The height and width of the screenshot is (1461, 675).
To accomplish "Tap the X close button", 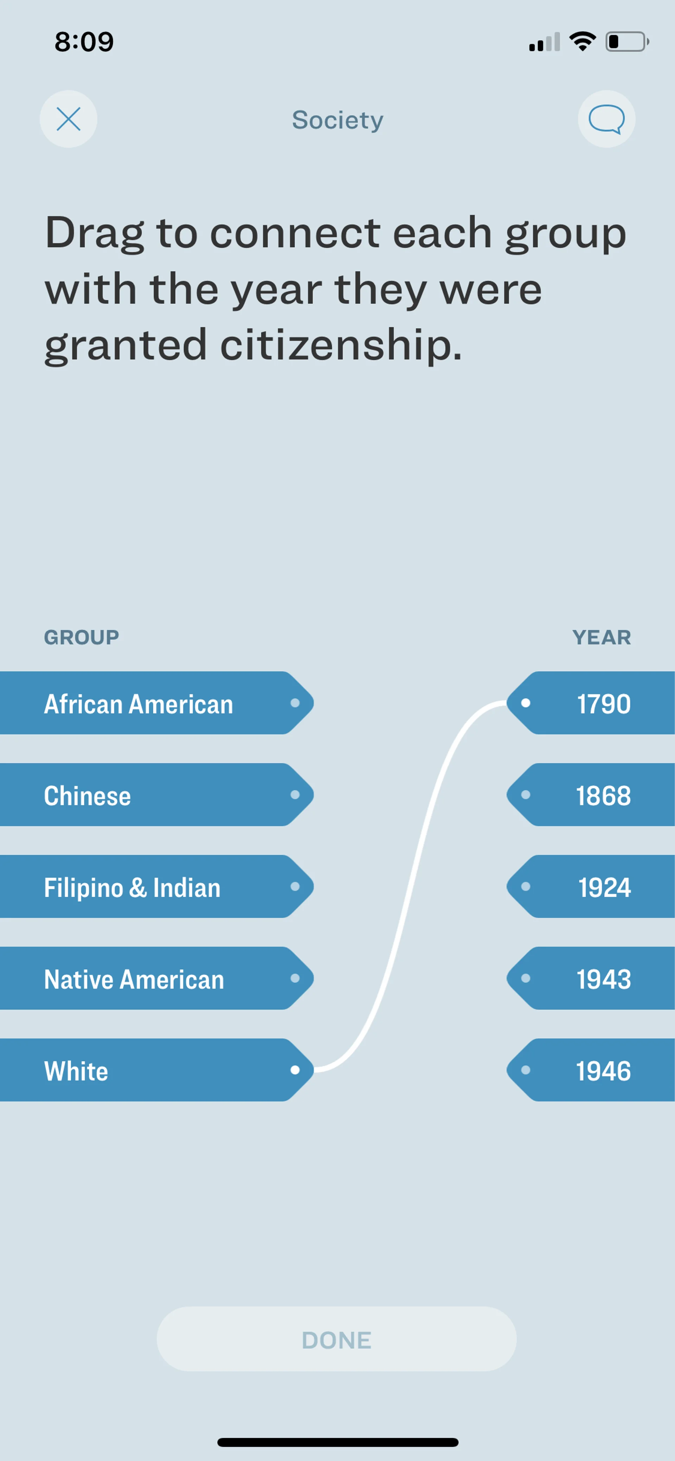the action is tap(68, 119).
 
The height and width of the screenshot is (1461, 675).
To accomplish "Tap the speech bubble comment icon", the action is tap(606, 119).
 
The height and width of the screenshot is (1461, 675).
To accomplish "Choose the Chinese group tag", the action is tap(156, 795).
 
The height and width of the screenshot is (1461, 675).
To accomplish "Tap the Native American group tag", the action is tap(156, 978).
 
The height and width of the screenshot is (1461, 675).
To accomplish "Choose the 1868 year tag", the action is tap(591, 795).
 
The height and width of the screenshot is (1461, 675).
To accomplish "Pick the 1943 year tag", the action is tap(591, 978).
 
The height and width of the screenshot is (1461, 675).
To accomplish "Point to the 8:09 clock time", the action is tap(84, 42).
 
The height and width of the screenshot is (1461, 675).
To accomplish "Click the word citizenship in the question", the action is tap(340, 345).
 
